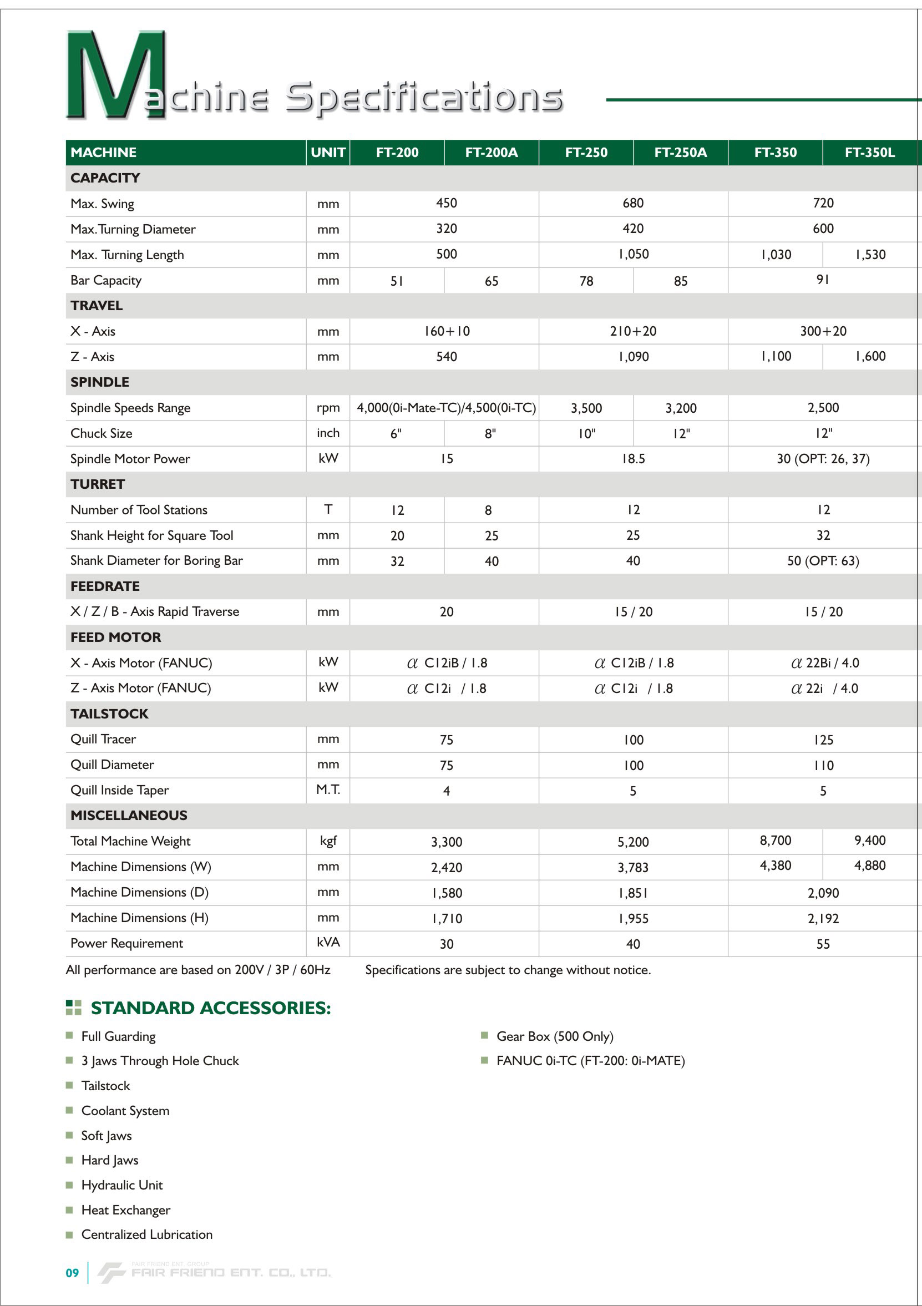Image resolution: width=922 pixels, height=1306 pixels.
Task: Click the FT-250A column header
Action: point(680,153)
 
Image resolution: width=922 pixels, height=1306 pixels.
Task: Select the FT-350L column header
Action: point(869,153)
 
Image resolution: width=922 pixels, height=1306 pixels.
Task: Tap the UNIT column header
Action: point(328,153)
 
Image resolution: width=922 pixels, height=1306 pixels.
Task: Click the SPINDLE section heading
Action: point(99,382)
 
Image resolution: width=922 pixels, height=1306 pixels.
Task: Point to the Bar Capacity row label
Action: point(106,280)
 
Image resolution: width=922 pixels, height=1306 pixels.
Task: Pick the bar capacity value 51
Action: point(397,281)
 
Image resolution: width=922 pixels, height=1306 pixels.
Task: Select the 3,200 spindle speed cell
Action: point(680,408)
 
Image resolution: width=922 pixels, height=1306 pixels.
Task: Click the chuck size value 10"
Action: point(586,434)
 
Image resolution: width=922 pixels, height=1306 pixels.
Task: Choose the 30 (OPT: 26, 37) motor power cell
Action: point(823,459)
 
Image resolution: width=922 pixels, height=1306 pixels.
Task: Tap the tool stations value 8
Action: point(488,510)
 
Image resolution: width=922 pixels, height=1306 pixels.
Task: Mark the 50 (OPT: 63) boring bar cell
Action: point(823,561)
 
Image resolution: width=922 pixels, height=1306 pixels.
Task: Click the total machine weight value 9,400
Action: point(869,841)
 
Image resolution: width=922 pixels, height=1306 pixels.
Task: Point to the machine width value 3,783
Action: point(633,868)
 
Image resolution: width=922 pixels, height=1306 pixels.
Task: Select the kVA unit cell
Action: point(328,942)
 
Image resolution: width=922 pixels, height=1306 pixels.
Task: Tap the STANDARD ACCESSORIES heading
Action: point(210,1009)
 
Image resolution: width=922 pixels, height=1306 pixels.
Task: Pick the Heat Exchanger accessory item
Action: point(126,1210)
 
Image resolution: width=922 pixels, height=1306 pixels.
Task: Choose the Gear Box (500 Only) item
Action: point(555,1036)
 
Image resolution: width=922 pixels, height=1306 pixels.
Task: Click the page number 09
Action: point(72,1273)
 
